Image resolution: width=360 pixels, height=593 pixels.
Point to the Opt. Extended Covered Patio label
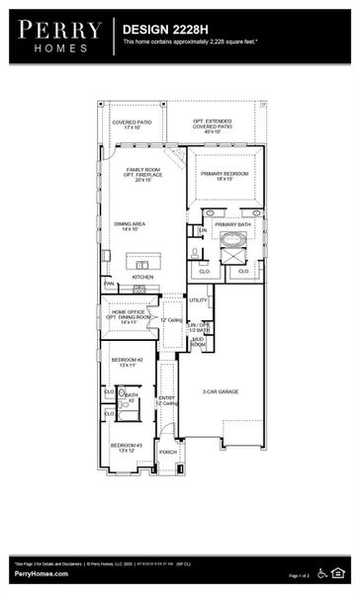[x=212, y=125]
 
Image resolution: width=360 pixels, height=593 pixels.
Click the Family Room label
[x=142, y=175]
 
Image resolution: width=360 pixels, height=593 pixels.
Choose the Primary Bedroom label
[x=225, y=175]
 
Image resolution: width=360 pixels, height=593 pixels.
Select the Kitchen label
[x=143, y=277]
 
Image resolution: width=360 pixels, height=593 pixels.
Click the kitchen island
[x=143, y=263]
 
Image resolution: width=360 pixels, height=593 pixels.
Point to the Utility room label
[x=198, y=299]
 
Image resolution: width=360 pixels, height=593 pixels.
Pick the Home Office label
[x=129, y=316]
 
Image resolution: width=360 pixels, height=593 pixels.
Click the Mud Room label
[x=198, y=342]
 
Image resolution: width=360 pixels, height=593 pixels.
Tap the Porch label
[x=167, y=453]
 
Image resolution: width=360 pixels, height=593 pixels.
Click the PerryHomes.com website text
[x=41, y=573]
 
